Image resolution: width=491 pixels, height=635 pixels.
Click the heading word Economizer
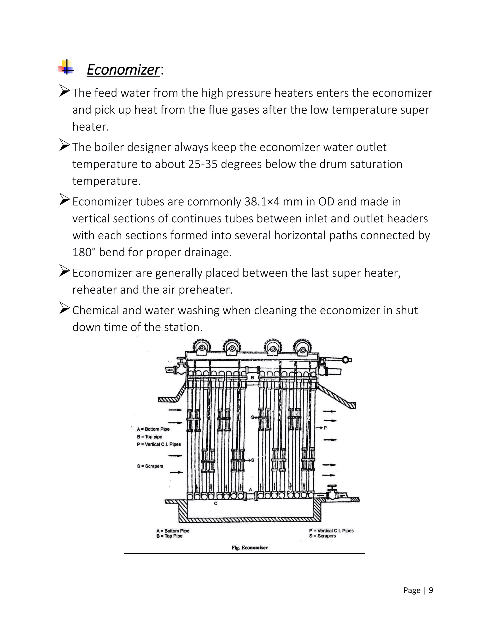coord(123,70)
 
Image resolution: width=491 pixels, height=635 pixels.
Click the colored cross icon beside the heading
coord(66,68)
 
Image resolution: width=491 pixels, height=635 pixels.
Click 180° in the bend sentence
coord(84,252)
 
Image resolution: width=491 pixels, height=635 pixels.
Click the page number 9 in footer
coord(431,590)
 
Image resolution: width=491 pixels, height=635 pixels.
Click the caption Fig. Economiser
coord(249,548)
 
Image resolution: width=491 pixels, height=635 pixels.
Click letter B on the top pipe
coord(252,377)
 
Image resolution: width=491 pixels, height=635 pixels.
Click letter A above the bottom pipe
coord(250,489)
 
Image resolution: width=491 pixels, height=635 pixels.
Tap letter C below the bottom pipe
coord(216,503)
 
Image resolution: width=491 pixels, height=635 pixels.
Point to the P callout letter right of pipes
coord(325,428)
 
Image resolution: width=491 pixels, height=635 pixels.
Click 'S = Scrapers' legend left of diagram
coord(150,466)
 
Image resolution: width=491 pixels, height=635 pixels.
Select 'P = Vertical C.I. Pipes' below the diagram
coord(331,531)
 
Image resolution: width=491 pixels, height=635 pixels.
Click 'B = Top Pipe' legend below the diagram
coord(169,536)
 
